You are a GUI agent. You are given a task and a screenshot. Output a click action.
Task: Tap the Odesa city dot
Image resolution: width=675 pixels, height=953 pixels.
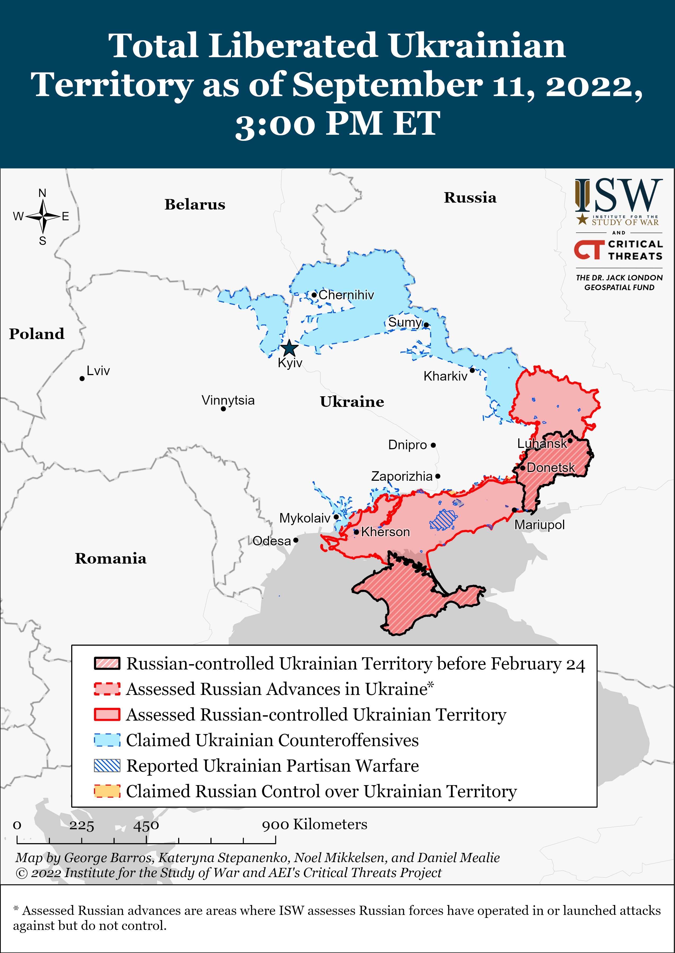pos(295,540)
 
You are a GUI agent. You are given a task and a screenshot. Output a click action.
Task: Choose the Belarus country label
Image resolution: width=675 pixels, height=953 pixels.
pos(195,204)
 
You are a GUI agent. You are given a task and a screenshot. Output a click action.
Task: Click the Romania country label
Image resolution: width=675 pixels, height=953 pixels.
pos(111,558)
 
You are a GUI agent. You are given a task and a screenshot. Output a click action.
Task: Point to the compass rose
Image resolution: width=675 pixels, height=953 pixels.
pos(43,216)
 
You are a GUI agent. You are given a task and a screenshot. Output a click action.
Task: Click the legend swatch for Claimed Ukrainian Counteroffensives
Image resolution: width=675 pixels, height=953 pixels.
pos(107,740)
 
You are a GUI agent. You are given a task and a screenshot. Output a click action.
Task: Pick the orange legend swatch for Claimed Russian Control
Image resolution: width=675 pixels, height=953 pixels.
pos(107,791)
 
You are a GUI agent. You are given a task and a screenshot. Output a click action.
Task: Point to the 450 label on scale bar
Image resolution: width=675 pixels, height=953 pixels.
pos(146,825)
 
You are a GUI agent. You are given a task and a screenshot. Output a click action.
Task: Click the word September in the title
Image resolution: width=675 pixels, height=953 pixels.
pos(387,85)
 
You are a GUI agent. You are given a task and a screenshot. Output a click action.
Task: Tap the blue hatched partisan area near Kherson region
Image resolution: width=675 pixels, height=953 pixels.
pos(443,519)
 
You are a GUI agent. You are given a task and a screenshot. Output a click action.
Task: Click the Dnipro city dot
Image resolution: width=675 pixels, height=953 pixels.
pos(433,445)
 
